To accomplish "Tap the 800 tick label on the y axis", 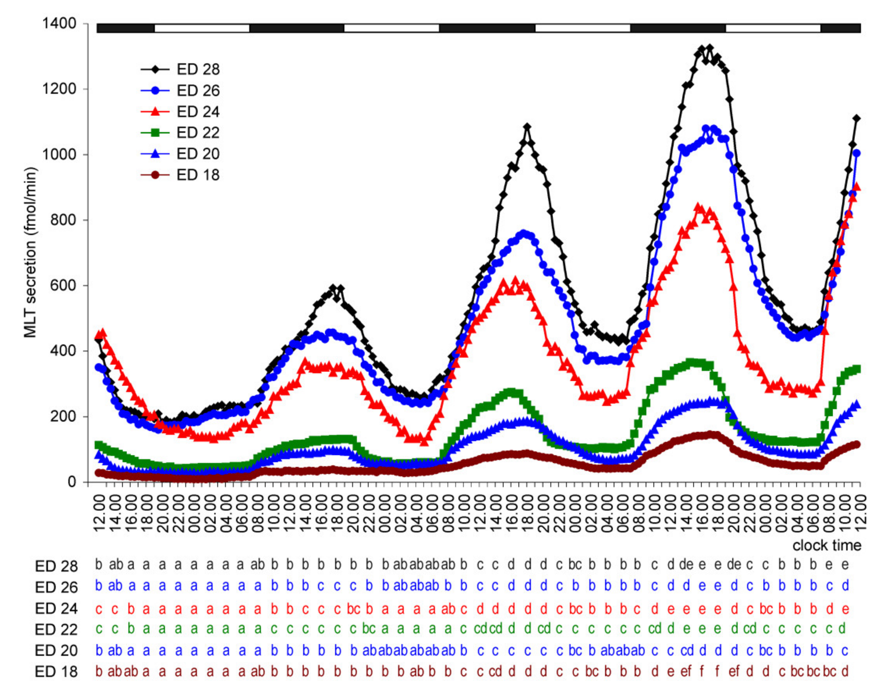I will tap(63, 220).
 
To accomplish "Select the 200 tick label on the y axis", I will tap(63, 416).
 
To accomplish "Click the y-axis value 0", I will tap(72, 482).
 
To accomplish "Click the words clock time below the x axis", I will tap(827, 546).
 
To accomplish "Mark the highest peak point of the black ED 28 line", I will tap(709, 48).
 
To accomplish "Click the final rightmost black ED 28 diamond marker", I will tap(857, 118).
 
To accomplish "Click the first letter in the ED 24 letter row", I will tap(98, 609).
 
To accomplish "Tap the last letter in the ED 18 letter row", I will tap(845, 672).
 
